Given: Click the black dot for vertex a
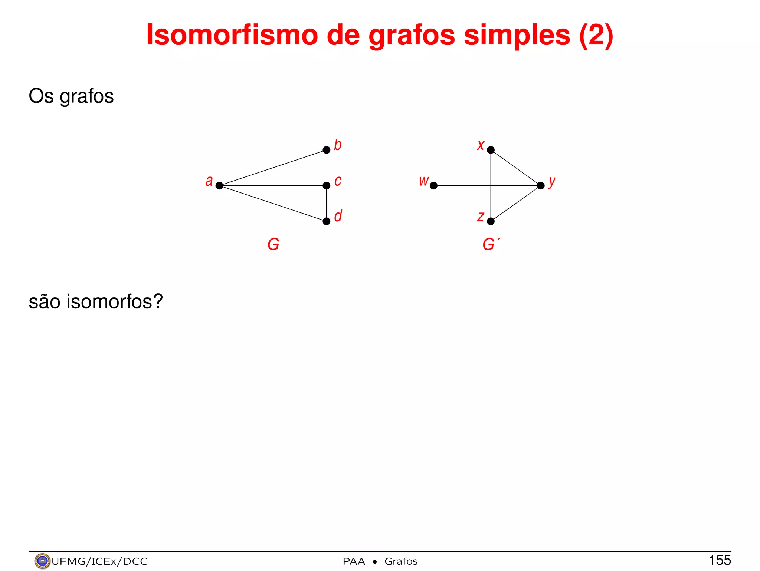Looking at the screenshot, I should coord(219,185).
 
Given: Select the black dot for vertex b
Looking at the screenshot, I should coord(327,150).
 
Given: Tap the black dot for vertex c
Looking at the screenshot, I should coord(327,185).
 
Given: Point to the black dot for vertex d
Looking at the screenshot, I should coord(327,221).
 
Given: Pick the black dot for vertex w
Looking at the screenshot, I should coord(433,185).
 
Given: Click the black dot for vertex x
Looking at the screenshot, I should coord(491,150).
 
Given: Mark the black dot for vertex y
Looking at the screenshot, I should coord(541,185).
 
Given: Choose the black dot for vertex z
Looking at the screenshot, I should coord(491,221).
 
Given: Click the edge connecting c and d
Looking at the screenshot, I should coord(327,204).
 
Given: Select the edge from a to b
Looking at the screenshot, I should coord(273,168).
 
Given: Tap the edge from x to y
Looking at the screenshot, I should coord(516,168).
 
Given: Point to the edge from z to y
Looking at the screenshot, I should coord(516,204).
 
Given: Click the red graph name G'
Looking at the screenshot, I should coord(491,245).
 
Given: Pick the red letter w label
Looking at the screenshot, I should coord(423,181).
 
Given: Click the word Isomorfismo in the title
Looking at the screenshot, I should coord(232,35).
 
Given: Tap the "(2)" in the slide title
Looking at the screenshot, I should coord(596,35).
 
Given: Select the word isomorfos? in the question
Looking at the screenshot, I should coord(115,301).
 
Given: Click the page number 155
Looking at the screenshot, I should coord(720,560).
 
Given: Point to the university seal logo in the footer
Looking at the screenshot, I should coord(42,561).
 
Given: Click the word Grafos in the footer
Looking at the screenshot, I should coord(401,561).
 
